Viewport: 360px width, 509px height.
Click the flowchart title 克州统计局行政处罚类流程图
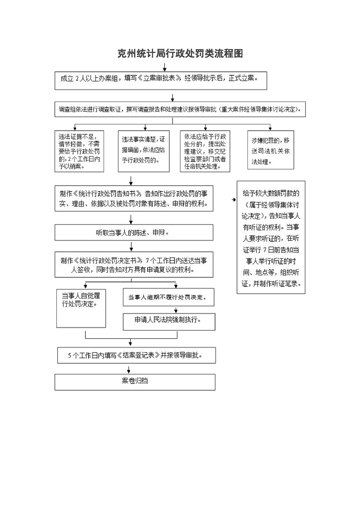point(180,54)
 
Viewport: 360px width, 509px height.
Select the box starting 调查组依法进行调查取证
point(179,109)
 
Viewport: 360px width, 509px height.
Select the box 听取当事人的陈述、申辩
point(134,233)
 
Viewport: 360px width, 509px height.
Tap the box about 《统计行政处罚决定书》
point(134,264)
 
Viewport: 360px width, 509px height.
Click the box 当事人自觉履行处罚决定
point(81,308)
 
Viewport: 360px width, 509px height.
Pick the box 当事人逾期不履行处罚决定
point(168,298)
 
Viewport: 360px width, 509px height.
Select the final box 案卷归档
point(135,382)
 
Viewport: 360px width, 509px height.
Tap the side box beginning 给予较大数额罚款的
point(271,236)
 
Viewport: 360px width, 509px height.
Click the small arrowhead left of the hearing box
point(234,200)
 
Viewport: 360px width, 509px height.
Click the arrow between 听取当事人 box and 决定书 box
point(132,246)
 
